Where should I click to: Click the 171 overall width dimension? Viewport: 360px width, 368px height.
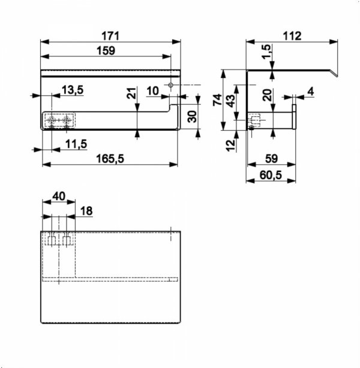coord(110,36)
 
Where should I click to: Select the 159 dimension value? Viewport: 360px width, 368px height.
coord(106,50)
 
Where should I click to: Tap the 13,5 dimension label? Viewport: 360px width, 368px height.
coord(73,90)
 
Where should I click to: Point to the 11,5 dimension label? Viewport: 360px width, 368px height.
coord(76,144)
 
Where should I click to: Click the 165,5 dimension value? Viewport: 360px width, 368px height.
coord(110,159)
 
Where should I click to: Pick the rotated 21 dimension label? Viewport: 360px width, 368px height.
coord(131,93)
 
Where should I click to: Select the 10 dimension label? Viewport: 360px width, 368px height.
coord(153,91)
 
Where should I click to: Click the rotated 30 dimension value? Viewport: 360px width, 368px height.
coord(192,117)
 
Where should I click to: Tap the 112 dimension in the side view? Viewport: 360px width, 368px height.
coord(292,36)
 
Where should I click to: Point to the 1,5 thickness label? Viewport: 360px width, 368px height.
coord(266,52)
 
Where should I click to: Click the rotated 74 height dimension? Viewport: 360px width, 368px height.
coord(217,99)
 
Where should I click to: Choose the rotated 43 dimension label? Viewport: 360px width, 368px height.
coord(230,101)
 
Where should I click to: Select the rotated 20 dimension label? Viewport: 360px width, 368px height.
coord(267,95)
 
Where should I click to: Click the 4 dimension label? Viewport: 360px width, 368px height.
coord(311,91)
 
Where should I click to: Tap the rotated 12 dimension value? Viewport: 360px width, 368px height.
coord(230,145)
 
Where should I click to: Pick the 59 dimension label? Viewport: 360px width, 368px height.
coord(271,159)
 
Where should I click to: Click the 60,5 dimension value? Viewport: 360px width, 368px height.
coord(271,175)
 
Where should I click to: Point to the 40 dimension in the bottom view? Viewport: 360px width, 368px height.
coord(59,196)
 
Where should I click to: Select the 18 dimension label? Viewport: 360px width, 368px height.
coord(86,211)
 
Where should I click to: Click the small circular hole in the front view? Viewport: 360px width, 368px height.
coord(171,85)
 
